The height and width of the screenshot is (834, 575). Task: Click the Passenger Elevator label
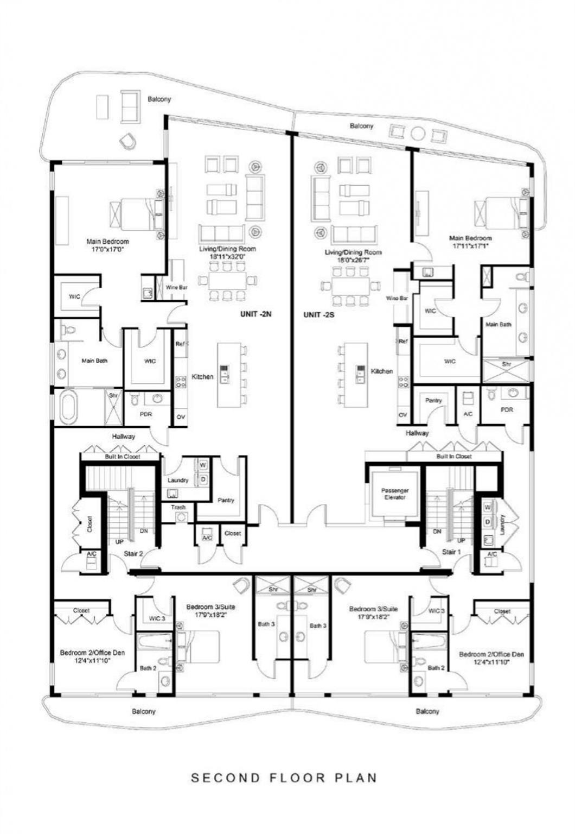click(x=394, y=494)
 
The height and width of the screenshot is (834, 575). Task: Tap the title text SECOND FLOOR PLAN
click(x=284, y=778)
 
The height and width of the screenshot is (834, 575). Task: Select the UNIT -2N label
click(x=255, y=314)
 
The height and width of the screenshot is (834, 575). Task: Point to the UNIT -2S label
click(x=318, y=314)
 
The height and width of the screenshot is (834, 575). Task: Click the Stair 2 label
click(x=133, y=553)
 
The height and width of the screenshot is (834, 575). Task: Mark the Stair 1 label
click(x=450, y=552)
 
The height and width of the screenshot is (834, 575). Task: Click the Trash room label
click(x=178, y=507)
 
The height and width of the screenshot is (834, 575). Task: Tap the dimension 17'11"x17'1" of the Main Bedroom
click(x=470, y=245)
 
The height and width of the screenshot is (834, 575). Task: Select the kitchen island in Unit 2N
click(x=228, y=375)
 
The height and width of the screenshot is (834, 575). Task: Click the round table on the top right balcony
click(x=418, y=133)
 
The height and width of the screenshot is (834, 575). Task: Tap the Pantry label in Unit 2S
click(x=433, y=400)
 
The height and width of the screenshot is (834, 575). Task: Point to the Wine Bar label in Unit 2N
click(x=176, y=287)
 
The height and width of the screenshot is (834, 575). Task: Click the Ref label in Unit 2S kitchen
click(x=403, y=342)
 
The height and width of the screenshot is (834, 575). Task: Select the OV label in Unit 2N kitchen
click(x=181, y=418)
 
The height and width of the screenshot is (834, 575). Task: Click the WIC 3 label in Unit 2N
click(x=157, y=618)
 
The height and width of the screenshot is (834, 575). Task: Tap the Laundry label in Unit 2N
click(x=178, y=480)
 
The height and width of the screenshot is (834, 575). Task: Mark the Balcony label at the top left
click(x=159, y=99)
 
